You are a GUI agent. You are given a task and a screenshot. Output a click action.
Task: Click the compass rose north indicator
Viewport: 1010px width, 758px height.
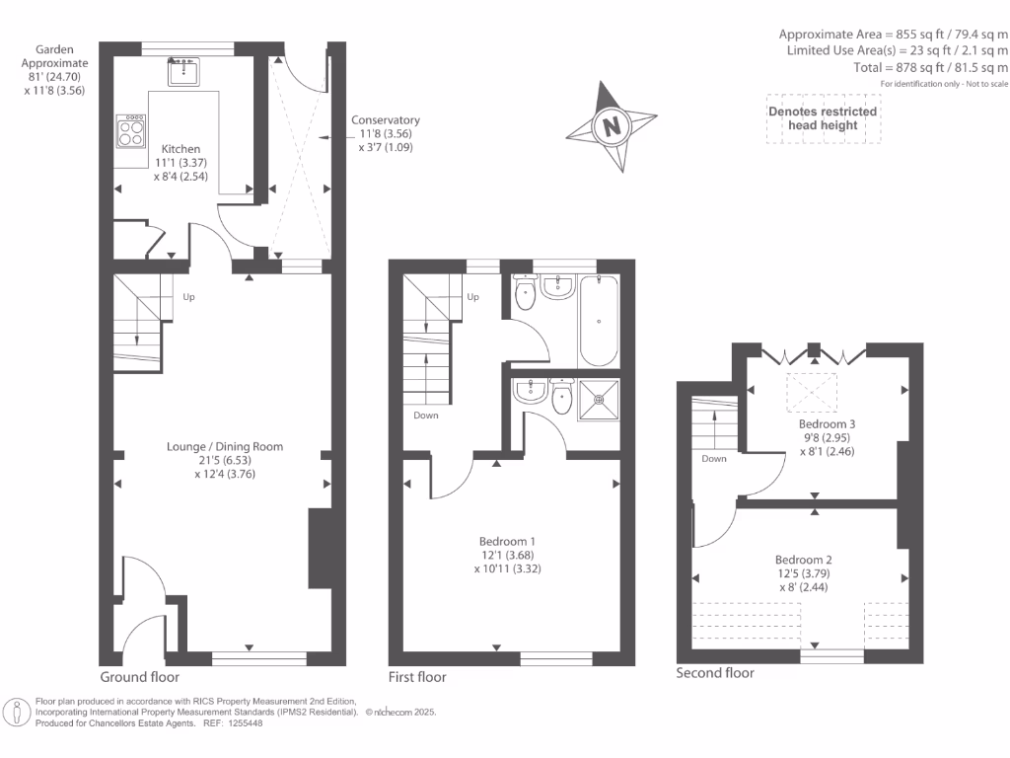point(613,126)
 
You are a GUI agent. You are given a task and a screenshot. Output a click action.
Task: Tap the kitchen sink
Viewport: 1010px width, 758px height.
point(184,72)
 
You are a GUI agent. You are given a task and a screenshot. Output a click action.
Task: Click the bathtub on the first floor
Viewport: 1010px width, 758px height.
point(600,321)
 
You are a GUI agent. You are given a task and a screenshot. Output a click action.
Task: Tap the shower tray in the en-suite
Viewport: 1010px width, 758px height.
point(599,401)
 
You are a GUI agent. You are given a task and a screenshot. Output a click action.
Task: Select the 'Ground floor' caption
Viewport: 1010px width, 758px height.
point(140,677)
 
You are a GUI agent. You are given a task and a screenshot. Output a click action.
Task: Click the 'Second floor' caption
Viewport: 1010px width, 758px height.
point(715,673)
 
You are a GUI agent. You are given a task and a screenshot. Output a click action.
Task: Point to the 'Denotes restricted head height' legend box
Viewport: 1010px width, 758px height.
point(823,119)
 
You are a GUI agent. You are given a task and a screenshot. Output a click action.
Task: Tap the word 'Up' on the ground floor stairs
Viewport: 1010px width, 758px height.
point(188,295)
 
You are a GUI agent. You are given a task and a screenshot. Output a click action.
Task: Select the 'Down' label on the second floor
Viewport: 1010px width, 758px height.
point(714,459)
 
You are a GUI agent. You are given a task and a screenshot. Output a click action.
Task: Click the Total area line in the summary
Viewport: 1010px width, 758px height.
point(931,68)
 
